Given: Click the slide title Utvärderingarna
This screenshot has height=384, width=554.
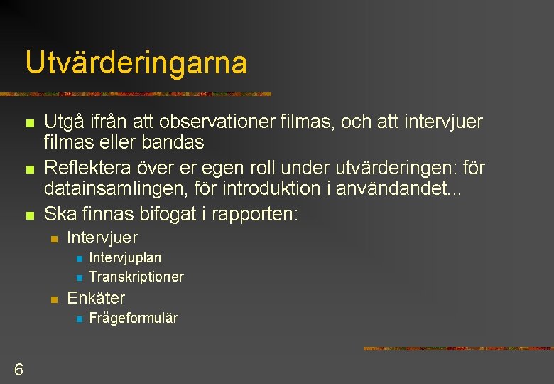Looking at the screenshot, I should coord(136,63).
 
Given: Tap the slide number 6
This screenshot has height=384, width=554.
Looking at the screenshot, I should coord(18,370).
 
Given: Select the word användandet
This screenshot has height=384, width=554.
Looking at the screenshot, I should coord(401,188).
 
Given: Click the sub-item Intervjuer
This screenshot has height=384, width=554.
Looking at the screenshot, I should coord(102,238).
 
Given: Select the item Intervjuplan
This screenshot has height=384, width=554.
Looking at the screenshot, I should coord(125,257).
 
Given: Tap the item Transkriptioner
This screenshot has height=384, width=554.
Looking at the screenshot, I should coord(136,277).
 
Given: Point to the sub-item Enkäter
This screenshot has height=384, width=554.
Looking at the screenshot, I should coord(95,298).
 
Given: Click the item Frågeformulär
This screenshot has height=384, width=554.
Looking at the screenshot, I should coord(134,318).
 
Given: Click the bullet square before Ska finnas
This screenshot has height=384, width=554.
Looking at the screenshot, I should coord(29,214).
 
